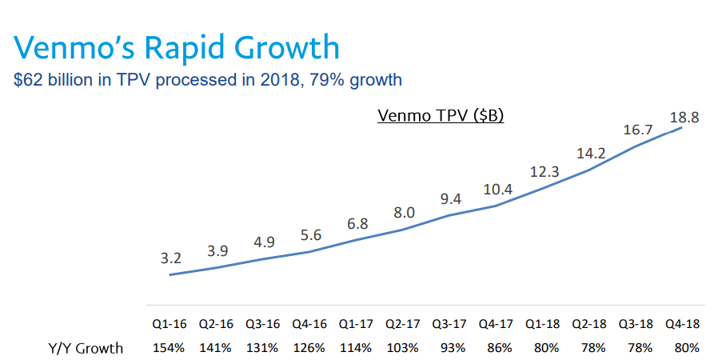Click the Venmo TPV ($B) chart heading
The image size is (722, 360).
click(440, 115)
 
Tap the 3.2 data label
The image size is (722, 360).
click(171, 258)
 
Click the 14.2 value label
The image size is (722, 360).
click(590, 152)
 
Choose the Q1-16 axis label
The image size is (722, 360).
click(170, 325)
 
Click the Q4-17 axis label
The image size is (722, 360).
click(496, 325)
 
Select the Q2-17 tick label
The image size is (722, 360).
click(402, 325)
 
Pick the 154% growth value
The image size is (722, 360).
click(170, 348)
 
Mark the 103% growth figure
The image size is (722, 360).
click(402, 348)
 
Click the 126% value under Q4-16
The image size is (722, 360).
click(309, 348)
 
